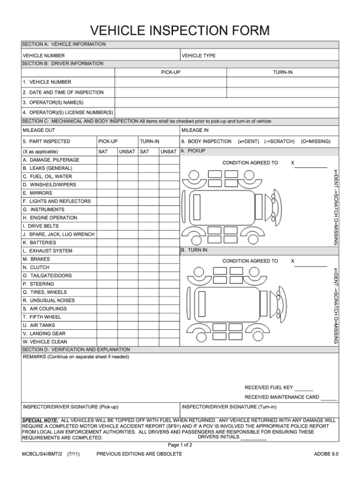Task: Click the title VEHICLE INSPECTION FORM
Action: (180, 31)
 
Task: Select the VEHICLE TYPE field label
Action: (198, 56)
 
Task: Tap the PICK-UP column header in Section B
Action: (171, 73)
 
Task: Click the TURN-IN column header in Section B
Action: (283, 73)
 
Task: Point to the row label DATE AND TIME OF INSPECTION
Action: (63, 92)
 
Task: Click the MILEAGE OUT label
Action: (39, 130)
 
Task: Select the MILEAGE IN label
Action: (195, 130)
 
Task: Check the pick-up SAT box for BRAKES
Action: (106, 259)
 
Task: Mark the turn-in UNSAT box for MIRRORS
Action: (169, 193)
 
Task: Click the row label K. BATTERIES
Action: (39, 243)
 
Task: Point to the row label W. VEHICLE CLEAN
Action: (45, 342)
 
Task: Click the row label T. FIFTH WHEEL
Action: (42, 317)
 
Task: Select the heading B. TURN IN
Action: (194, 251)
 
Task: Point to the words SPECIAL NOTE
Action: (40, 420)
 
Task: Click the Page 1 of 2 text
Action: (180, 445)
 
